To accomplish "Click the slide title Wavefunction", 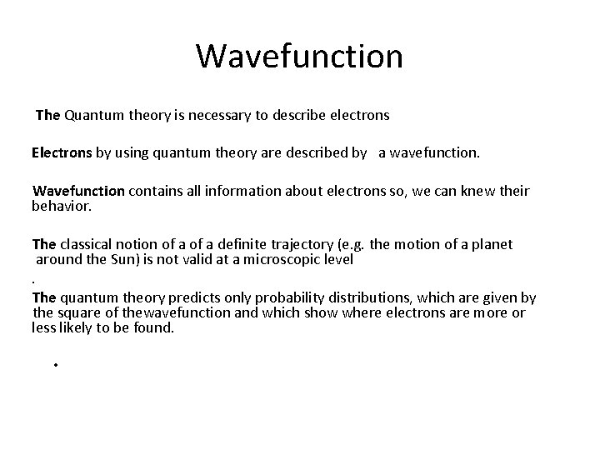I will pyautogui.click(x=299, y=56).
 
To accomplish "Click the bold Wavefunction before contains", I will pyautogui.click(x=78, y=191).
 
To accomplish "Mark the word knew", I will pyautogui.click(x=480, y=191).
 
